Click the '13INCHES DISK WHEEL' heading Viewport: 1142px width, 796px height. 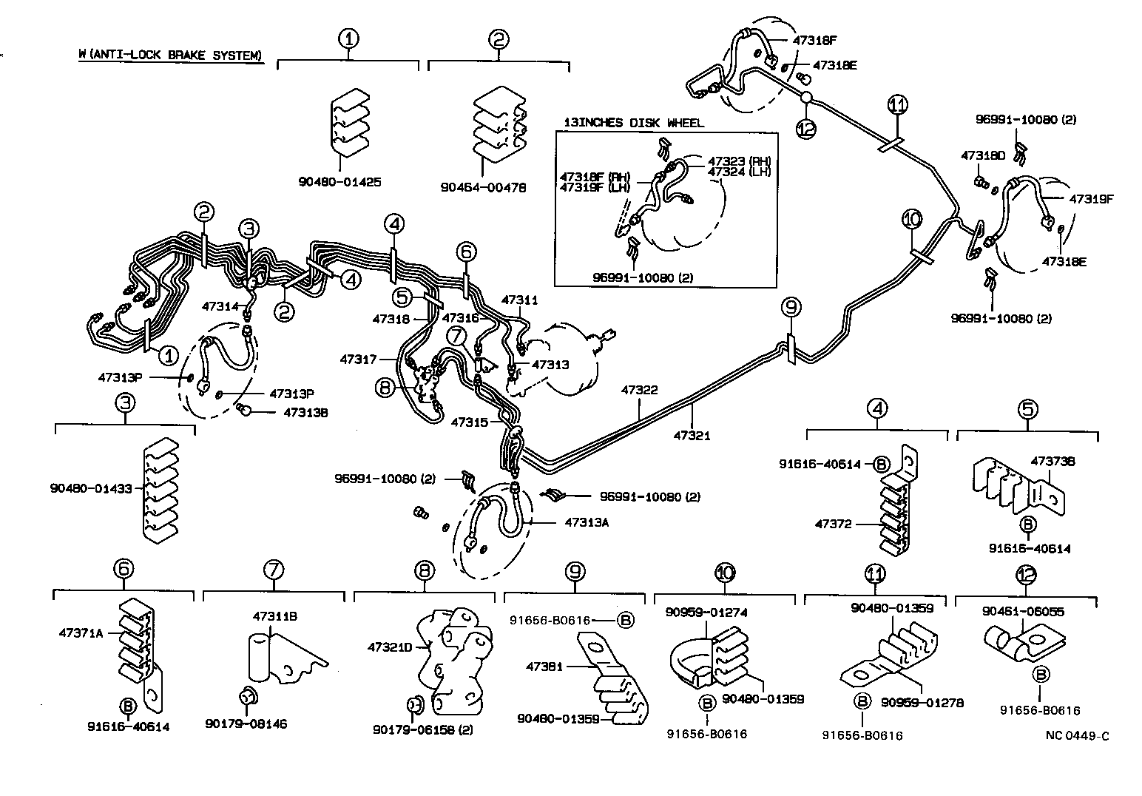tap(634, 123)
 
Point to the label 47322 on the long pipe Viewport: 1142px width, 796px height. tap(639, 389)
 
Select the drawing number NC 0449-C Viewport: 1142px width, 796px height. tap(1077, 735)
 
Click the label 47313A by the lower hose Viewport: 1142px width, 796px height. tap(587, 522)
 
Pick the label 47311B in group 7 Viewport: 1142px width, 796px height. tap(275, 616)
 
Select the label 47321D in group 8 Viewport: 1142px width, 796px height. tap(390, 647)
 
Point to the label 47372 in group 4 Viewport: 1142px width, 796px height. tap(834, 524)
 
